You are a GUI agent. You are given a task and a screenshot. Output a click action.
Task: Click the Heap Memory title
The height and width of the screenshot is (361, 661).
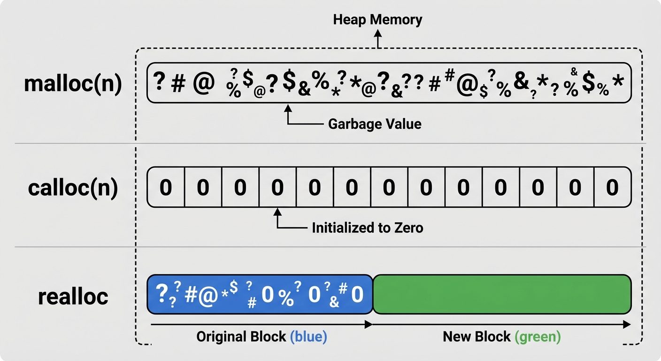click(x=377, y=20)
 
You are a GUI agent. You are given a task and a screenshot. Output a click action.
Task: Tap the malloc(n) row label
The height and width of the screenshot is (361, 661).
click(x=73, y=84)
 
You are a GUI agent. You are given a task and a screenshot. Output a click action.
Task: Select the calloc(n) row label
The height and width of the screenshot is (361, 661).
click(x=73, y=188)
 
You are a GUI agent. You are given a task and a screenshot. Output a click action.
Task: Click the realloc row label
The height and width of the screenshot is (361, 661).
click(x=73, y=296)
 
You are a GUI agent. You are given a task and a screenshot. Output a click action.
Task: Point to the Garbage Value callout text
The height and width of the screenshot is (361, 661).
click(x=374, y=124)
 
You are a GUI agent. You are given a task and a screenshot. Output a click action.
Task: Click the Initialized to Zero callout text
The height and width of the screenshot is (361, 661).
click(x=368, y=228)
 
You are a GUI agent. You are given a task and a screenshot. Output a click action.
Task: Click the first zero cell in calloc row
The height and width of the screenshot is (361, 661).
click(x=166, y=188)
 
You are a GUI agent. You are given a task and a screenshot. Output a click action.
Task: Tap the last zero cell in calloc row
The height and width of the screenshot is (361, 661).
click(x=612, y=188)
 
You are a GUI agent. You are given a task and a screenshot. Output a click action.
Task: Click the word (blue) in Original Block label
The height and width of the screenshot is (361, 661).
click(x=308, y=337)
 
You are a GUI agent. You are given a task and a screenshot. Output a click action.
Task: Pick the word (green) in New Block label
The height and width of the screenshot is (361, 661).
click(x=538, y=337)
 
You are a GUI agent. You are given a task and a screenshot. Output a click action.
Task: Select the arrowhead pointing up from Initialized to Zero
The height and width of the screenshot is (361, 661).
click(x=277, y=212)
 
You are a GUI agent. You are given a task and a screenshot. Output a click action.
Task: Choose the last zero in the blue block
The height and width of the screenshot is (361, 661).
click(x=357, y=295)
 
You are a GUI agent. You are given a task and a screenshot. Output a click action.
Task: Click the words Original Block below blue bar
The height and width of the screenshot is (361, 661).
click(x=241, y=337)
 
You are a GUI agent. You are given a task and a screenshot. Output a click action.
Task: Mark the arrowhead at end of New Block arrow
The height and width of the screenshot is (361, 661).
click(x=627, y=324)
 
